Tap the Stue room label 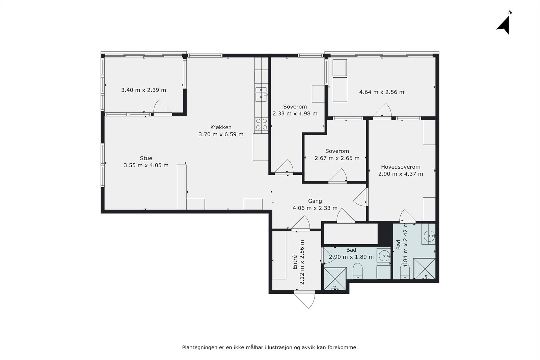(x=146, y=158)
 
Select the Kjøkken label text (x=221, y=128)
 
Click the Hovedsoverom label (x=401, y=167)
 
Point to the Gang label (x=315, y=201)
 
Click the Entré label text (x=295, y=262)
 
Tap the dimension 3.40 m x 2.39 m (x=144, y=90)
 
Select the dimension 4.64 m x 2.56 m (x=382, y=92)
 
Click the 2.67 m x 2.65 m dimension (x=337, y=158)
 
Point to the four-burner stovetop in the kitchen (x=262, y=124)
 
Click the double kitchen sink (x=261, y=94)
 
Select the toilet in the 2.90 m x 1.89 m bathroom (x=358, y=271)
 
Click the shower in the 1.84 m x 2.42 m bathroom (x=425, y=269)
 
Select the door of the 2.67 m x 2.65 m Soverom (x=337, y=176)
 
